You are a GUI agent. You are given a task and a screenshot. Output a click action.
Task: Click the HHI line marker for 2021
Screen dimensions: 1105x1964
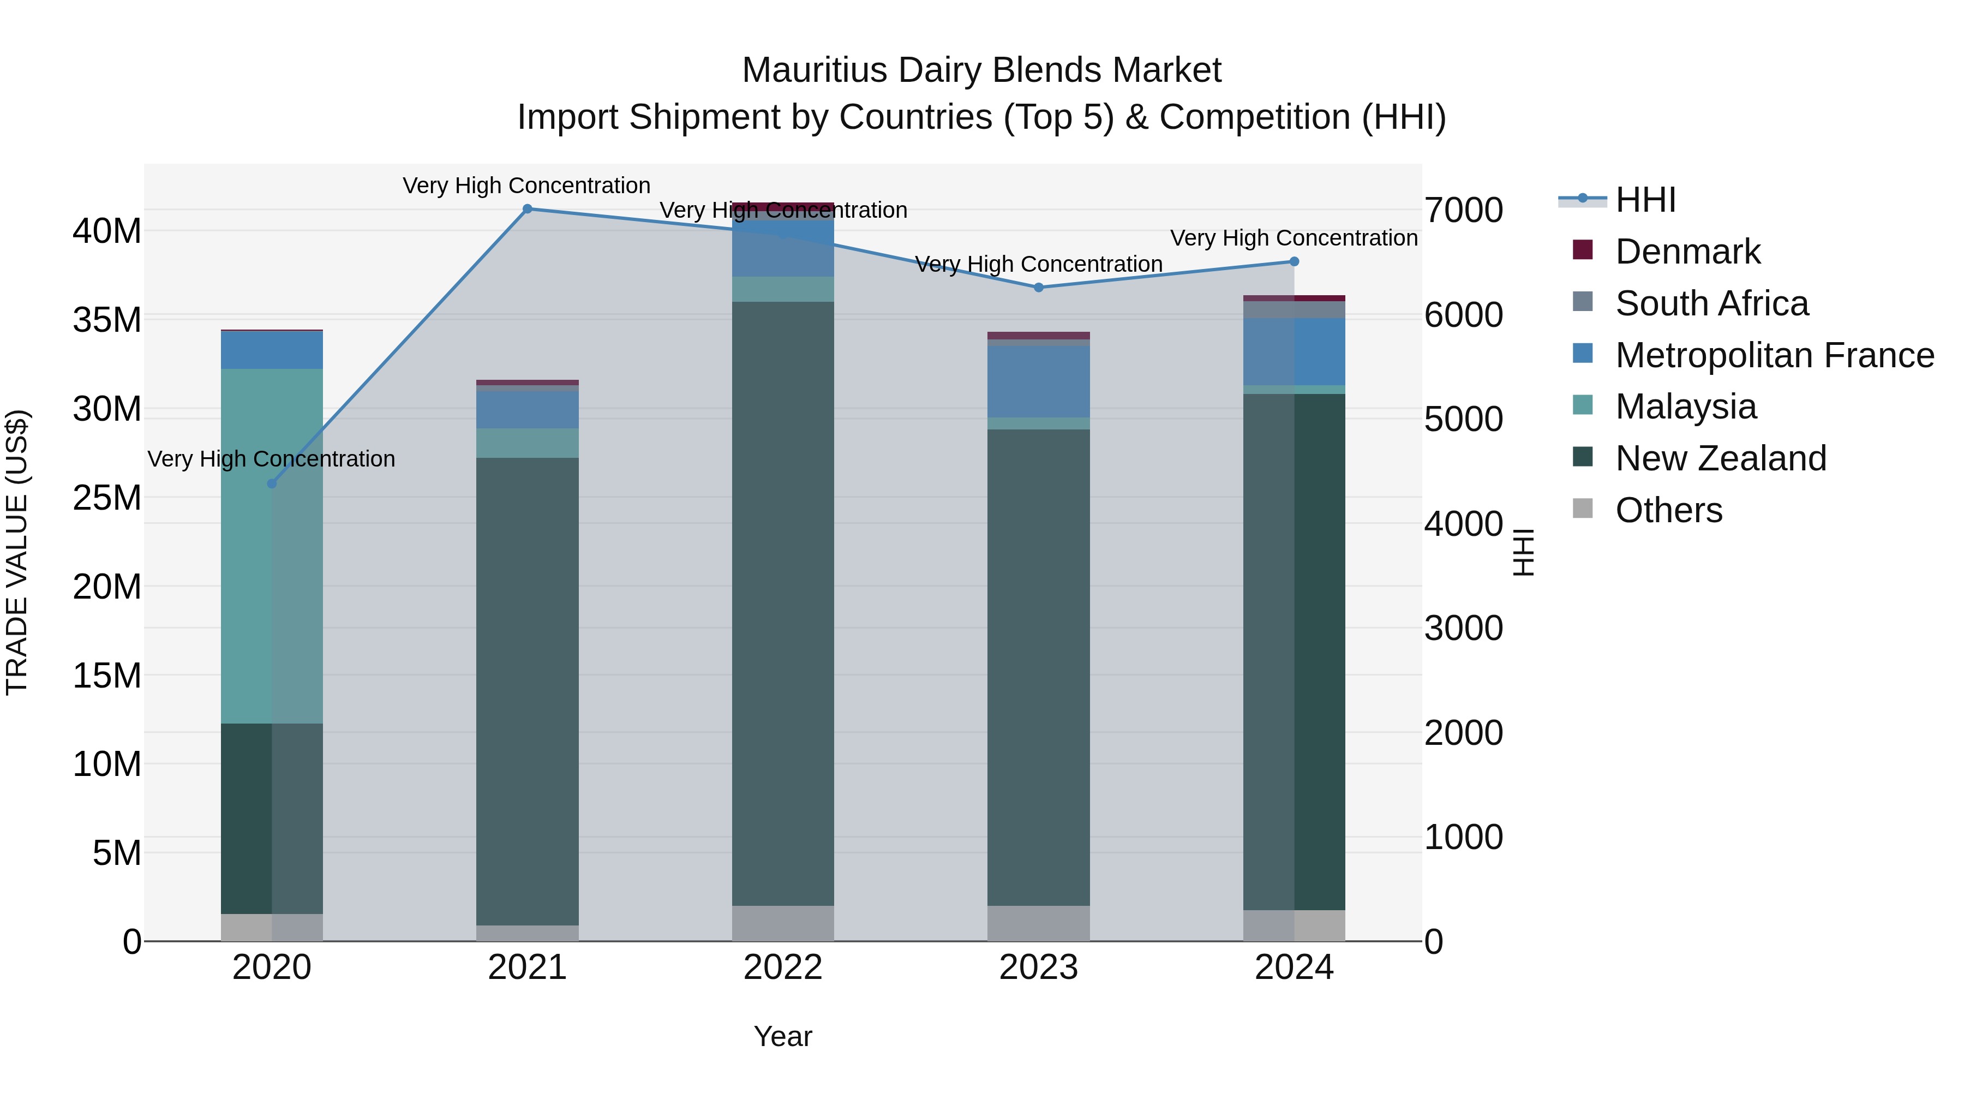pos(527,209)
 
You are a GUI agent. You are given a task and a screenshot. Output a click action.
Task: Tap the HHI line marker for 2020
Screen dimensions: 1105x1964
pos(272,483)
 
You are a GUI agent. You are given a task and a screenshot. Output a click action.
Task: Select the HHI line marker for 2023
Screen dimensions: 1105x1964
pos(1038,288)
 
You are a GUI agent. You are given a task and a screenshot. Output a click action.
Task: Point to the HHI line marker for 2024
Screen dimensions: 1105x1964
pos(1294,261)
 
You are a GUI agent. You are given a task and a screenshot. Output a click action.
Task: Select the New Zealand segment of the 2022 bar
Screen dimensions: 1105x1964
pos(783,602)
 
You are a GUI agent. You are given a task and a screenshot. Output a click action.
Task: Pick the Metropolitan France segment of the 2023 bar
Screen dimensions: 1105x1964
pos(1038,381)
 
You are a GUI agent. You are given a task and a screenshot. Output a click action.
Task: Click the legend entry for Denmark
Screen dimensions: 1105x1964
pos(1687,252)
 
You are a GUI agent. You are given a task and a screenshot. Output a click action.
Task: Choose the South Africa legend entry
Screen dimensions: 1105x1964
pos(1711,303)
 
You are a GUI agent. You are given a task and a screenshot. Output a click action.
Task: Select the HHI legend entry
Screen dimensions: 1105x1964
pos(1645,200)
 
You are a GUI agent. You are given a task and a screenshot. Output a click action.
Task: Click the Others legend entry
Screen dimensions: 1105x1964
pos(1668,510)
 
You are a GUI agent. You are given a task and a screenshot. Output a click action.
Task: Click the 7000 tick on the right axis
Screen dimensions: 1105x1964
pos(1463,211)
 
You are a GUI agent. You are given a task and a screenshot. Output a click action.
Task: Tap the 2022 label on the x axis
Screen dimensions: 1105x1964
pos(783,967)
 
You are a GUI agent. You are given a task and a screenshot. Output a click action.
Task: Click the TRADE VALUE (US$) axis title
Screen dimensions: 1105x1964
pos(17,552)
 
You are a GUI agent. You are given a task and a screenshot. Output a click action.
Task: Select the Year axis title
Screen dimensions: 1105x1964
pos(783,1036)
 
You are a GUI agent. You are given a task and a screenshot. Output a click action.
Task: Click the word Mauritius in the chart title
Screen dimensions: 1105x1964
pos(813,70)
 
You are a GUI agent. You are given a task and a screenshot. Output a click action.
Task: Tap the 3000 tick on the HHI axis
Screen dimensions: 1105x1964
pos(1463,629)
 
